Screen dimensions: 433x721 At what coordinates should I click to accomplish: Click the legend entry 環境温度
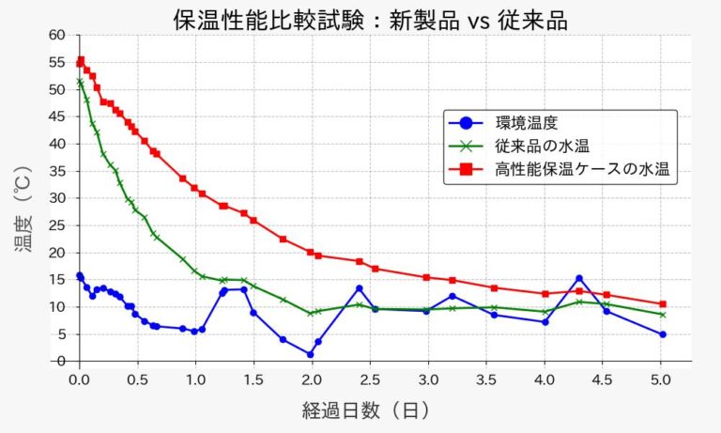pos(525,123)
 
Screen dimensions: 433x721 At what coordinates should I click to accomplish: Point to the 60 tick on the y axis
pos(58,36)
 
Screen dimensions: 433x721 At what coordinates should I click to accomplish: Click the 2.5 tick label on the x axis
pos(369,379)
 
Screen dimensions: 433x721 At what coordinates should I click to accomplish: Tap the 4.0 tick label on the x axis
pos(544,379)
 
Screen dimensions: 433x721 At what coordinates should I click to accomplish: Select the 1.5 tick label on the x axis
pos(253,379)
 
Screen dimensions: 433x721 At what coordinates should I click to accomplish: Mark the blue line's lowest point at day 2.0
pos(310,354)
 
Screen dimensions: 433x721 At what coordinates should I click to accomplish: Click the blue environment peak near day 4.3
pos(579,278)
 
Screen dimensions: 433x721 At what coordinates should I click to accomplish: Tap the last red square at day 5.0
pos(663,304)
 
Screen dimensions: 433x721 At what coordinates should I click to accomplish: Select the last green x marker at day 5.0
pos(663,315)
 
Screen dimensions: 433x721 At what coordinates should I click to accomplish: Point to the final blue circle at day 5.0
pos(663,334)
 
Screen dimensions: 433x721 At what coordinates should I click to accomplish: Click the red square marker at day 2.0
pos(311,252)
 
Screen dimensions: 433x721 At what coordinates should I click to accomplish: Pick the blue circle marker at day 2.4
pos(359,288)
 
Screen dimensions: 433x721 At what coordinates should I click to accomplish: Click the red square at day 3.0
pos(426,277)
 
